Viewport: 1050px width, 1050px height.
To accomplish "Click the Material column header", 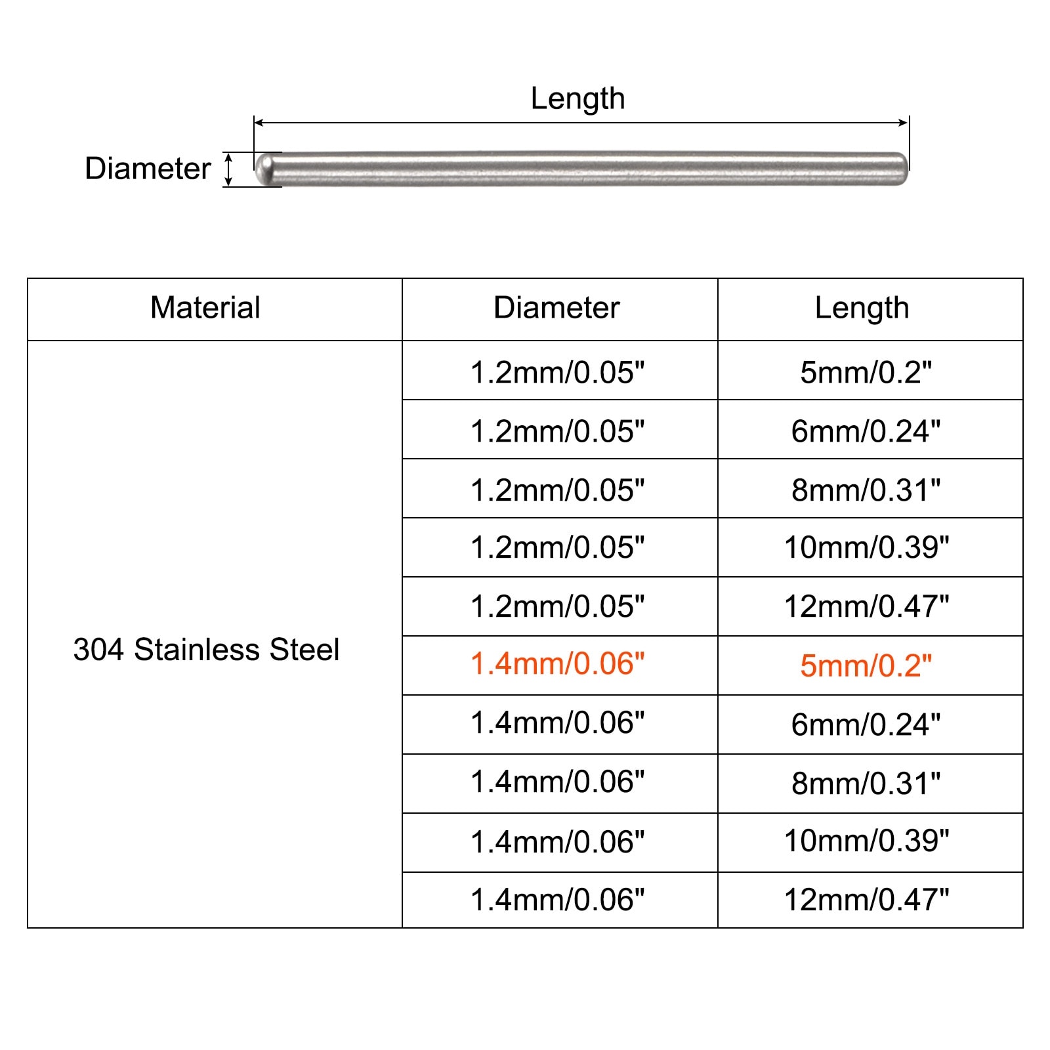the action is (x=205, y=308).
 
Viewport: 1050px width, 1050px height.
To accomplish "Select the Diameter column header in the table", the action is (x=556, y=308).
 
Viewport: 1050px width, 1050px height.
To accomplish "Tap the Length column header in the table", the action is (x=862, y=308).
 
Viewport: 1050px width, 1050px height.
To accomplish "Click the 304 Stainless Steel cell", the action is (x=206, y=650).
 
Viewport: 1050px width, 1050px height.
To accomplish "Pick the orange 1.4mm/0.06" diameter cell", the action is (x=557, y=664).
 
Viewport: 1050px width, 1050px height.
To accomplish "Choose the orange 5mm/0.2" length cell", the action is (x=866, y=665).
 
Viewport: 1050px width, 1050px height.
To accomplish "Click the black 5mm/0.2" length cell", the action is (x=866, y=372).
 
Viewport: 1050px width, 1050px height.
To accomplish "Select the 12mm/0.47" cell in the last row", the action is (x=866, y=900).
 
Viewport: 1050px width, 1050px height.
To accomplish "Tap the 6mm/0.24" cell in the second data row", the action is (x=866, y=431).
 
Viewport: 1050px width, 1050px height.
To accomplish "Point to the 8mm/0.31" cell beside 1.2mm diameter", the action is (x=866, y=490).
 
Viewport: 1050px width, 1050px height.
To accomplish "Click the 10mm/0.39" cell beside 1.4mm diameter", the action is (x=866, y=841).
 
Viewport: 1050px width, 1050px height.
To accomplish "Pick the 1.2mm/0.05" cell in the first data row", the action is (x=557, y=372).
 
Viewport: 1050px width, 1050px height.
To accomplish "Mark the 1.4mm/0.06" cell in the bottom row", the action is (x=557, y=900).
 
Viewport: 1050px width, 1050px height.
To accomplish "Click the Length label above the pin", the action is (x=577, y=99).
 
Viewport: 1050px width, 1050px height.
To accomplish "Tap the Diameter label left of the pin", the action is (x=148, y=169).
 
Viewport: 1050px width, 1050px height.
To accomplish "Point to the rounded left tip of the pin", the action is (x=258, y=169).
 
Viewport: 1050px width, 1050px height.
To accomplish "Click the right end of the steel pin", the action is (x=906, y=169).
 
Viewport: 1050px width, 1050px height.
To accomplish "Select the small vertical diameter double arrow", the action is (x=228, y=169).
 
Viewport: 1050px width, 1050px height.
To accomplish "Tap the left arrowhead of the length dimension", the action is (x=259, y=122).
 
